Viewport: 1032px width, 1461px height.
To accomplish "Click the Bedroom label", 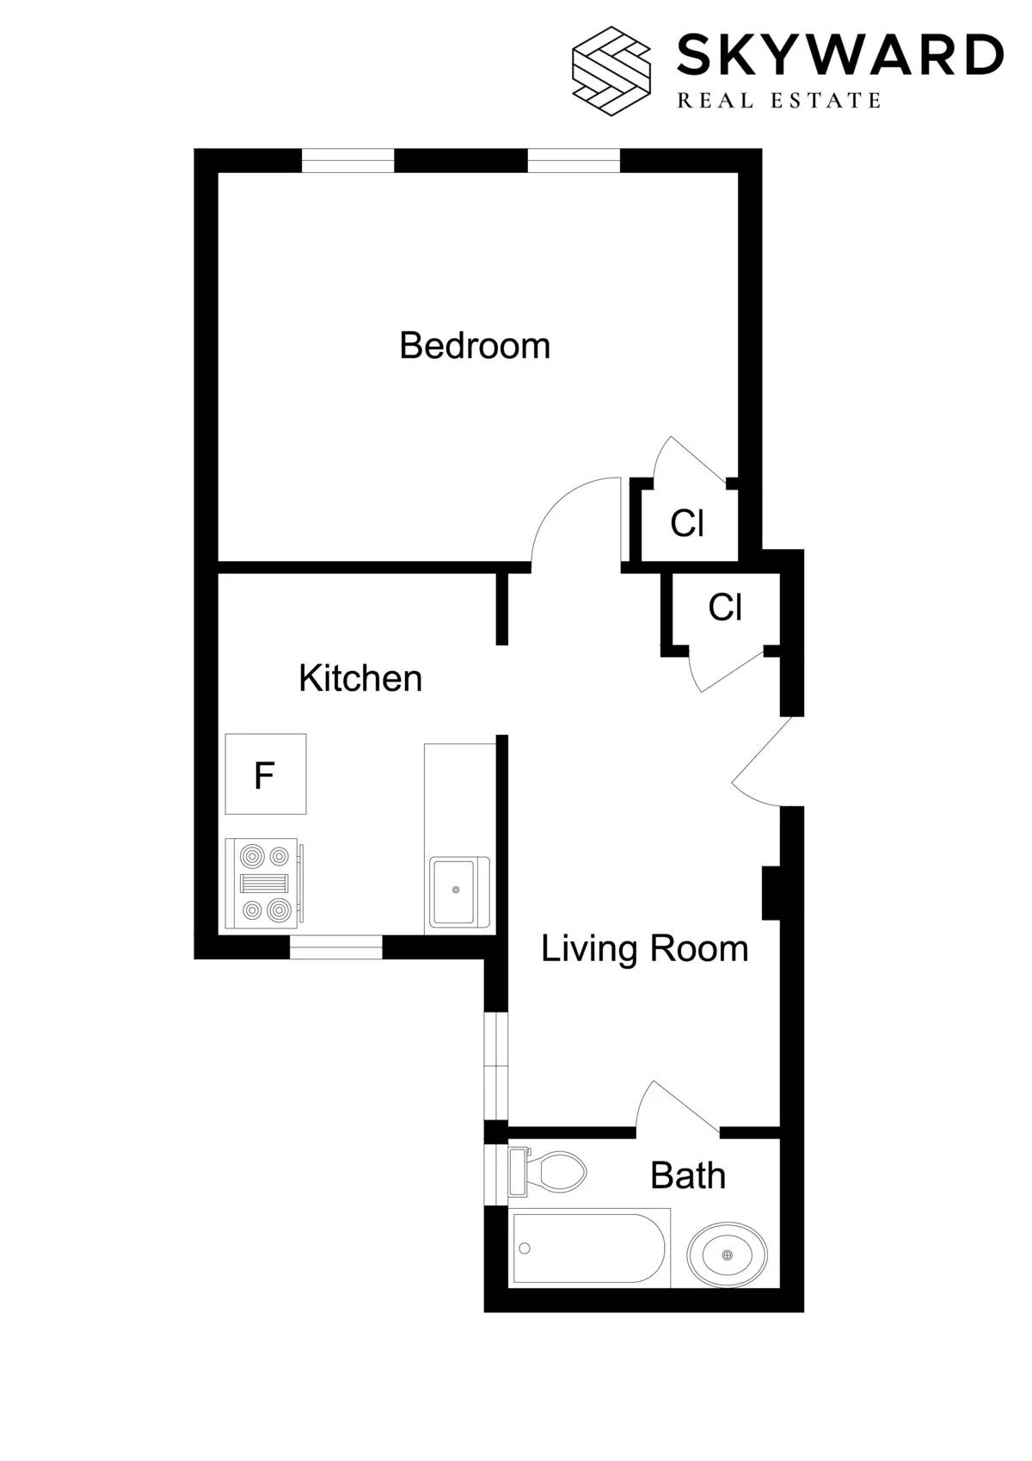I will click(x=475, y=346).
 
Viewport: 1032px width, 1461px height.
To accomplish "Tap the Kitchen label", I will click(x=360, y=678).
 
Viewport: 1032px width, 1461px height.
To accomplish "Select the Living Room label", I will click(x=644, y=949).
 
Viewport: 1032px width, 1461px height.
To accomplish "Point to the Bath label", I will click(x=687, y=1175).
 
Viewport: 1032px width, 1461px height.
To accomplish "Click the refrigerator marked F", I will click(x=265, y=774).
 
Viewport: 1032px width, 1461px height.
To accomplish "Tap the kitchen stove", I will click(x=263, y=883).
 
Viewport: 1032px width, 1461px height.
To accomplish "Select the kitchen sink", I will click(x=457, y=891).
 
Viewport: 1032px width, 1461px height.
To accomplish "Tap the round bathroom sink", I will click(x=727, y=1255).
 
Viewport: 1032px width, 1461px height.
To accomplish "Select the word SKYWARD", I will click(x=839, y=55).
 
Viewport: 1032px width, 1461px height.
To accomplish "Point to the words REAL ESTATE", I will click(x=779, y=101).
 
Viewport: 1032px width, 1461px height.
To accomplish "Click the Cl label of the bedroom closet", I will click(x=687, y=523).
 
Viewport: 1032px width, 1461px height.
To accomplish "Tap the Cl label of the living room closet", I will click(x=724, y=607).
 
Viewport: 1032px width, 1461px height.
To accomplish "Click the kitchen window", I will click(x=335, y=946).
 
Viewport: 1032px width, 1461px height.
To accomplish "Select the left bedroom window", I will click(x=347, y=161).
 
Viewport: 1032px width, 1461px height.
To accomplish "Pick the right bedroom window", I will click(x=573, y=161).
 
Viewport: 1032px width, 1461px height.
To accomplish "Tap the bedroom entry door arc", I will click(x=572, y=516).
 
